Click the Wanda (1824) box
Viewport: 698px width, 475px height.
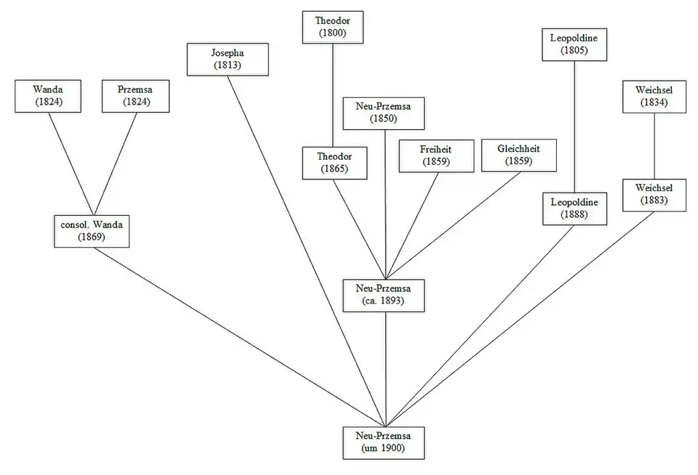tap(48, 96)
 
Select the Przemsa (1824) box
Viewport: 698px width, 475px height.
tap(133, 96)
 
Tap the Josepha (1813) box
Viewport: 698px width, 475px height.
tap(227, 59)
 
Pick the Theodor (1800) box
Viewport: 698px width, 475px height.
tap(332, 27)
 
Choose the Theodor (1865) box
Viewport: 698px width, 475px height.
tap(332, 163)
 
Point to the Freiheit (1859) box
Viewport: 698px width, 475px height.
tap(435, 155)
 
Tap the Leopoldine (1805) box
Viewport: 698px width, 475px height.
tap(574, 44)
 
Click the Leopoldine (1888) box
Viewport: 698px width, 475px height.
tap(574, 208)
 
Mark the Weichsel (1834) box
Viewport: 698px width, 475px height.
tap(654, 97)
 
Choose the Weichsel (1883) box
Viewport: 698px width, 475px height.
tap(654, 194)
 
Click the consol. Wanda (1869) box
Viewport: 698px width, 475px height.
tap(92, 230)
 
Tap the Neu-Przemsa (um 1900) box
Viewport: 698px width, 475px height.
tap(385, 442)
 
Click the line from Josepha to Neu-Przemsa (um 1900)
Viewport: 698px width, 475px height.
tap(305, 247)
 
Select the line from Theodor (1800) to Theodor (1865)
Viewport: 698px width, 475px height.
tap(332, 94)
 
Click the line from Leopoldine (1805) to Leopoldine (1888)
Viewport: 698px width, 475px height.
tap(574, 127)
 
